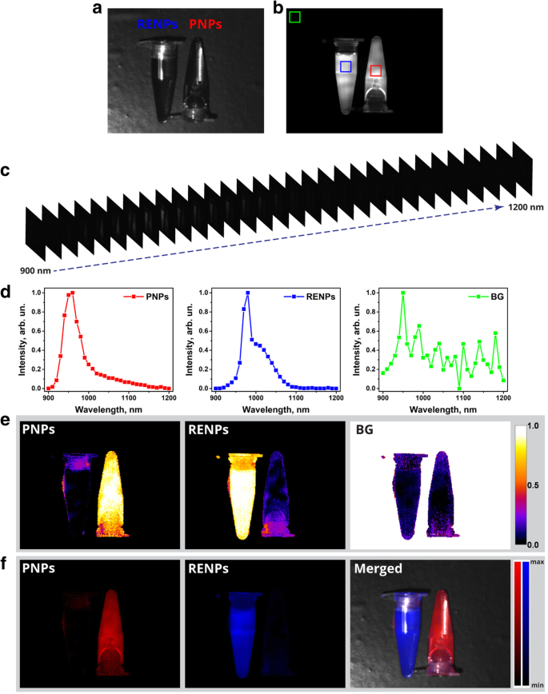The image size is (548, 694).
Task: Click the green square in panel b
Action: click(x=295, y=17)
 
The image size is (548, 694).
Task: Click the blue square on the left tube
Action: click(x=346, y=67)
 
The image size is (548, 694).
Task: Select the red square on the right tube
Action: click(x=376, y=71)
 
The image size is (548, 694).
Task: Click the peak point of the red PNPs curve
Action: click(x=73, y=293)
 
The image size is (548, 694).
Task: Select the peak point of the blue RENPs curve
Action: click(x=248, y=293)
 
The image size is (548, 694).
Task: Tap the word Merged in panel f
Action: click(x=381, y=572)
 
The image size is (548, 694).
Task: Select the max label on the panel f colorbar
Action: click(x=536, y=564)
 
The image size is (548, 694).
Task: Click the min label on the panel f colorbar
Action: click(x=536, y=684)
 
